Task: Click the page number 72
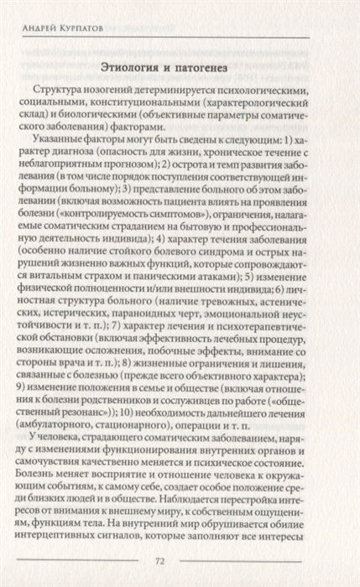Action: (180, 561)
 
